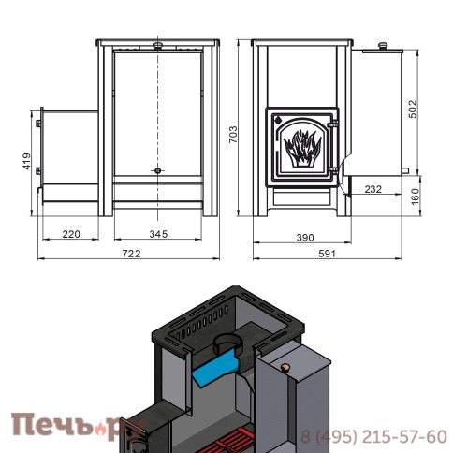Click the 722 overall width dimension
131,254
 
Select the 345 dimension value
158,234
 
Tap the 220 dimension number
71,234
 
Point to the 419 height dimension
27,161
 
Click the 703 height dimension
233,135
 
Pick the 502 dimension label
413,109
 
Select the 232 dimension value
373,189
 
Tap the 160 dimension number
415,197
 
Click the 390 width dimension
305,238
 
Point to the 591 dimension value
328,254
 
